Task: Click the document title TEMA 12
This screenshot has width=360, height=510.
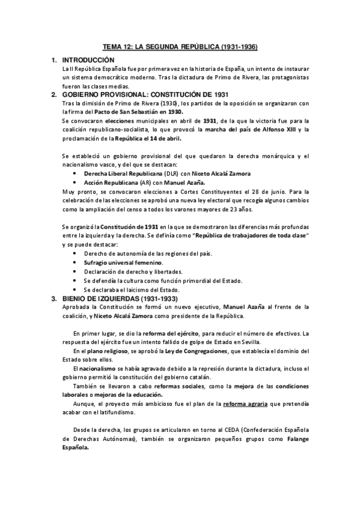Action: (x=180, y=47)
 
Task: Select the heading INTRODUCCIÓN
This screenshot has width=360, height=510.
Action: (x=87, y=61)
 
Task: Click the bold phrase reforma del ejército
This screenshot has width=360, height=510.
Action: (x=155, y=333)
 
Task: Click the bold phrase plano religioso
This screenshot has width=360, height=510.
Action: (x=106, y=351)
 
